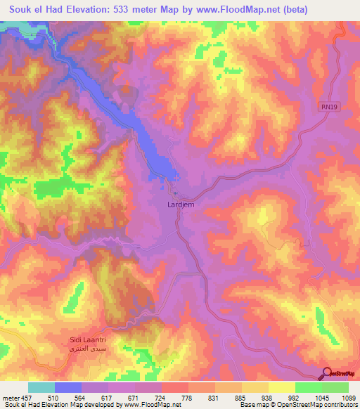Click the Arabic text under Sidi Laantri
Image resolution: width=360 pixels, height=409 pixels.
88,349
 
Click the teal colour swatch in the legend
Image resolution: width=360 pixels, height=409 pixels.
41,387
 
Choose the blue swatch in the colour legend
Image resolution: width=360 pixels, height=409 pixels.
68,387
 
